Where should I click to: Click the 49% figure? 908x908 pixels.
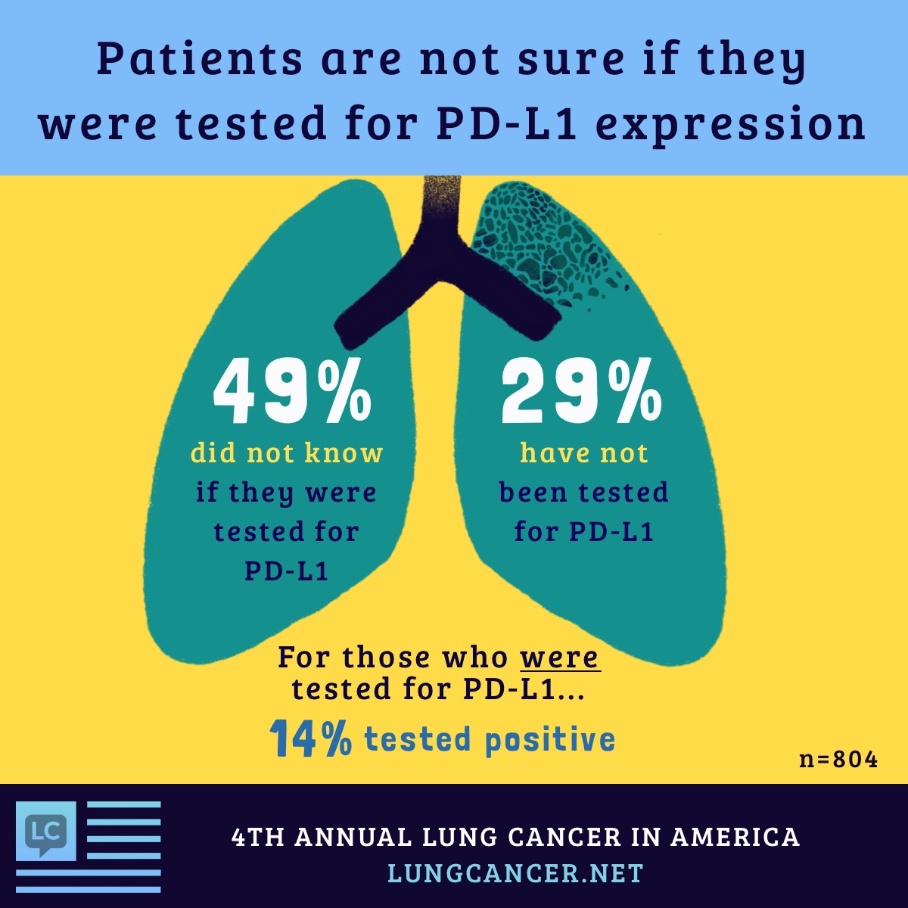292,394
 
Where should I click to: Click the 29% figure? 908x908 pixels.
581,394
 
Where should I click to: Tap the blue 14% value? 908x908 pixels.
310,739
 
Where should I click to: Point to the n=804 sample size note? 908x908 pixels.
838,759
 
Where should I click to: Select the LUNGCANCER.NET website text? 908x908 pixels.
515,873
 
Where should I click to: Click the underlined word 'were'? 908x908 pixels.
560,657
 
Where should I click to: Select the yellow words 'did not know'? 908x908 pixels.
287,453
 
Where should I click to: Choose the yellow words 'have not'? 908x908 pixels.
584,453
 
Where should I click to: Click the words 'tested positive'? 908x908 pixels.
490,739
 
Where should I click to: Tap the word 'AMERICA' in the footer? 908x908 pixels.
735,837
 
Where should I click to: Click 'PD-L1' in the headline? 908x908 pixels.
508,123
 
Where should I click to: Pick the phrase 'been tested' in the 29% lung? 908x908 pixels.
584,493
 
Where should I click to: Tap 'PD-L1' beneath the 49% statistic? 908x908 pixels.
287,571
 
